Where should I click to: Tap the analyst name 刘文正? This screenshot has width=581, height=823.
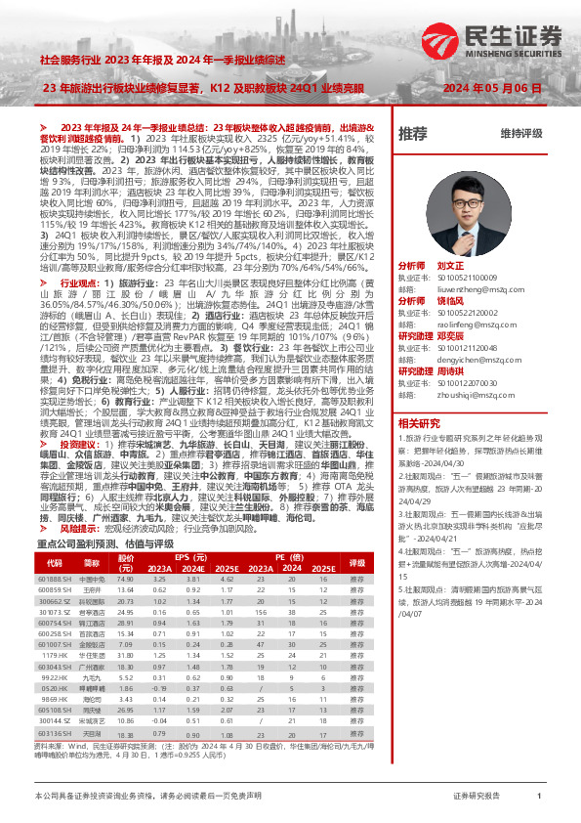[450, 265]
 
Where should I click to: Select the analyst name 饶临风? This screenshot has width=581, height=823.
[450, 301]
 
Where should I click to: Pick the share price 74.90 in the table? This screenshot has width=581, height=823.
[124, 579]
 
